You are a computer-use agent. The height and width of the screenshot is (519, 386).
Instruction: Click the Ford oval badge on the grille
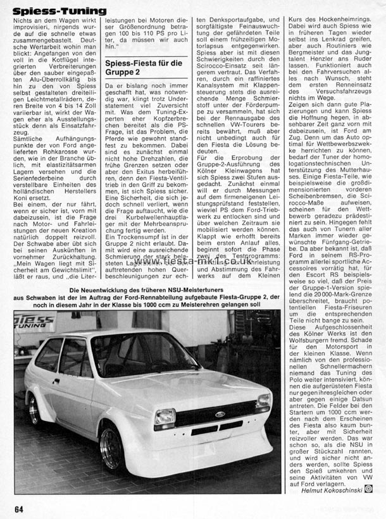220,415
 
